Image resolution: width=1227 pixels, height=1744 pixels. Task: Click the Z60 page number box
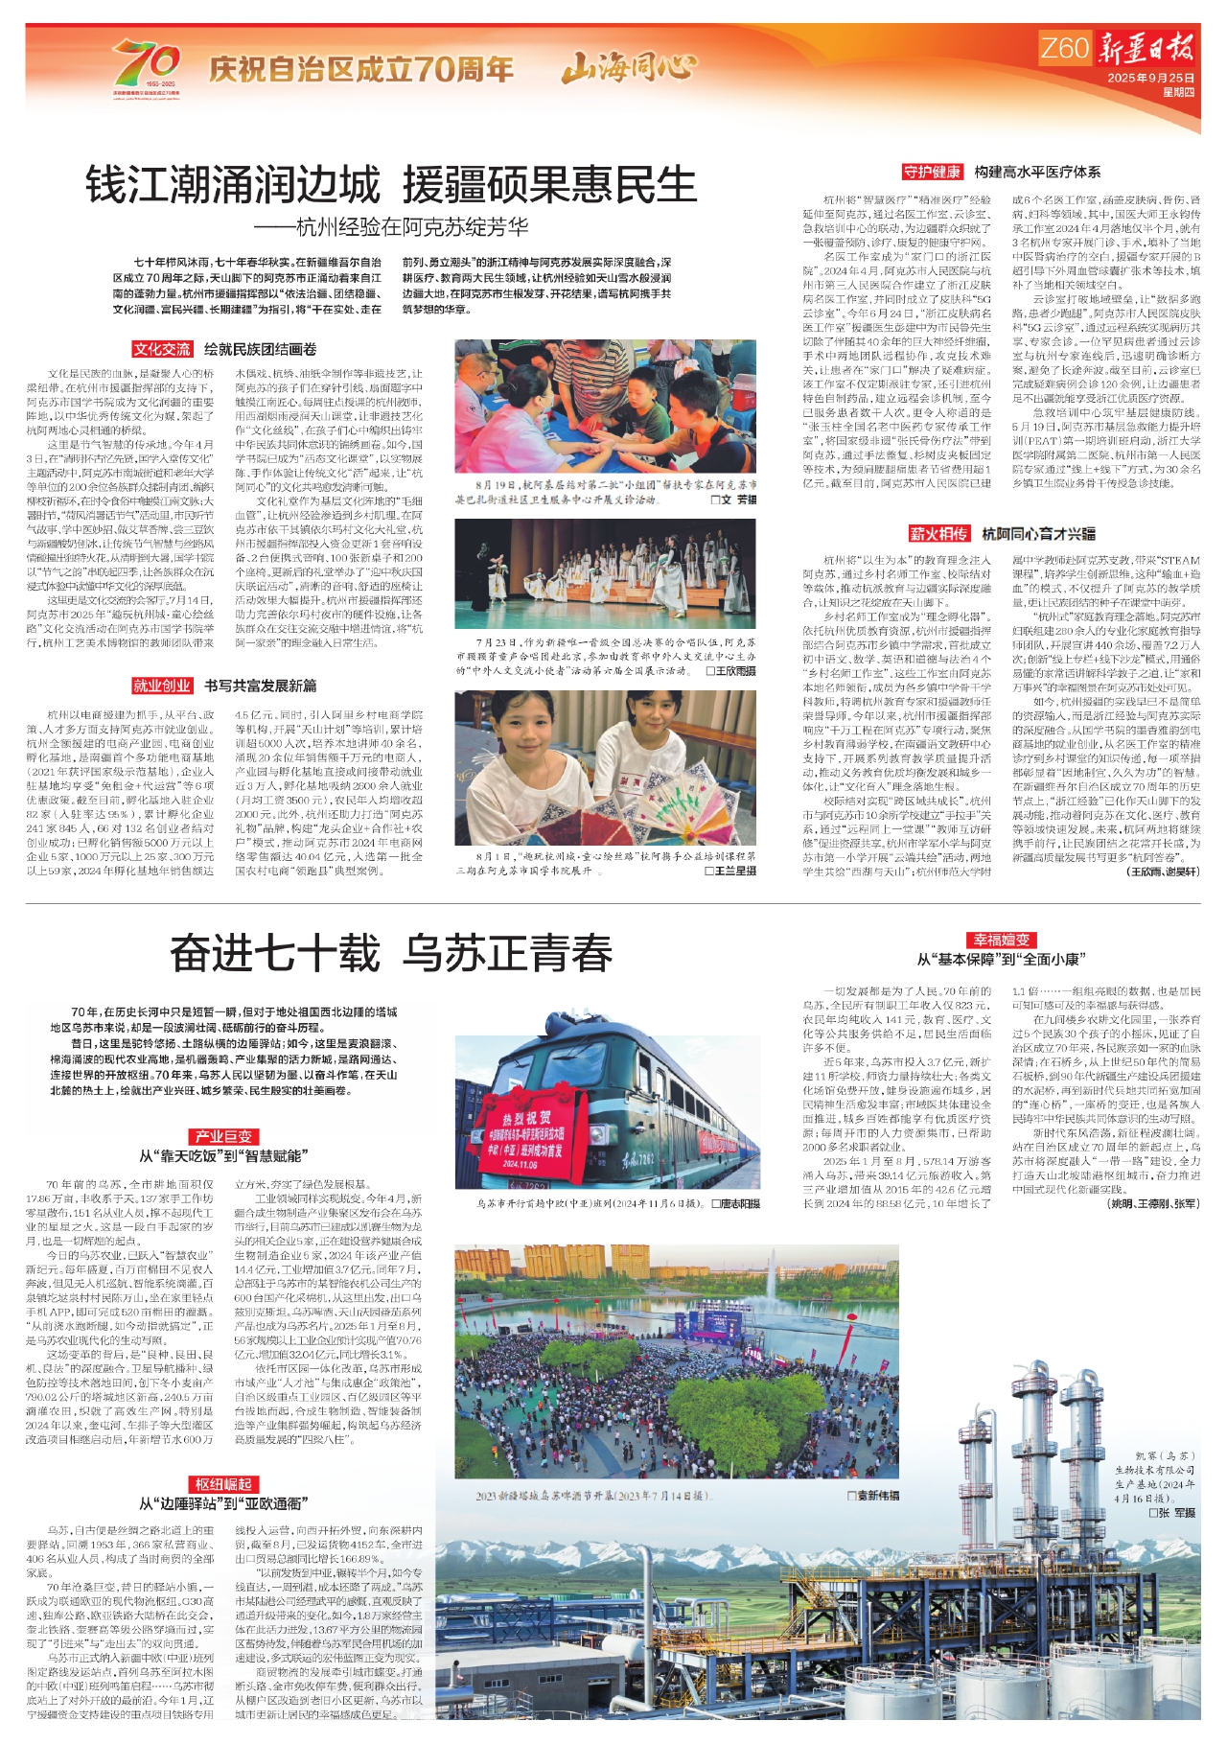[x=1065, y=48]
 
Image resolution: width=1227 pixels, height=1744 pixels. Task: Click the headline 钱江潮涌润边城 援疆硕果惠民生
[x=391, y=185]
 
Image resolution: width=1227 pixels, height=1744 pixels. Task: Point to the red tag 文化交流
[x=162, y=349]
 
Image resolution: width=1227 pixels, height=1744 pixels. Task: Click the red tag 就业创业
[x=162, y=686]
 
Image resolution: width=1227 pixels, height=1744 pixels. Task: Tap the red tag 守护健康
[x=932, y=172]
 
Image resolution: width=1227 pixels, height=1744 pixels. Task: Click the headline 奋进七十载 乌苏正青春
[x=391, y=953]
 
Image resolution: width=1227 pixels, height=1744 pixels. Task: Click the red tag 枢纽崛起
[x=222, y=1484]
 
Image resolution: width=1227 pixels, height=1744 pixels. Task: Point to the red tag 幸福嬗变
[x=1001, y=940]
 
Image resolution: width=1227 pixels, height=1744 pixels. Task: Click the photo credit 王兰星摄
[x=730, y=871]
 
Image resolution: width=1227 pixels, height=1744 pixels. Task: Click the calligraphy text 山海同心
[x=629, y=68]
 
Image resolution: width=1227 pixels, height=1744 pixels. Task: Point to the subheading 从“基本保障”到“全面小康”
[x=1001, y=959]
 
